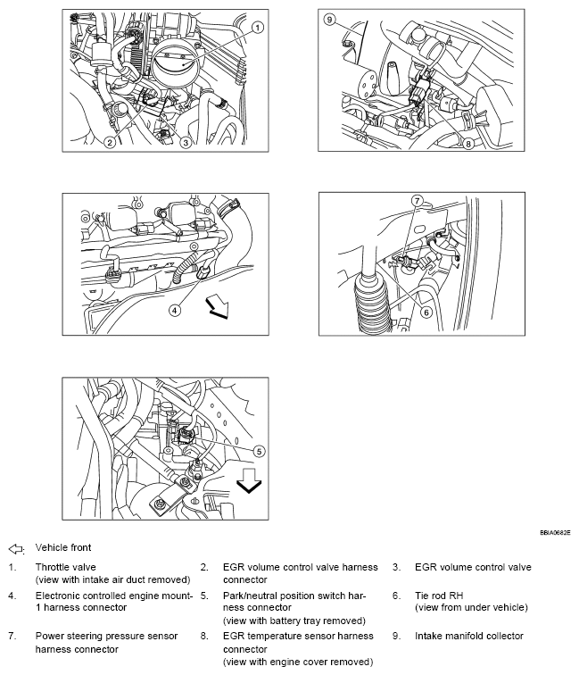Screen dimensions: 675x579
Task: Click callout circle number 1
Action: [x=257, y=27]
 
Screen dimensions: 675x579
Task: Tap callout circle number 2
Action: [x=108, y=142]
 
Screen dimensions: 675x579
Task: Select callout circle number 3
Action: [x=185, y=142]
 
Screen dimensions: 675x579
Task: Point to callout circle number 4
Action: [x=175, y=310]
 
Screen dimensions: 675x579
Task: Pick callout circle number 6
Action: [x=426, y=312]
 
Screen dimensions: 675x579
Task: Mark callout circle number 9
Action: [x=329, y=19]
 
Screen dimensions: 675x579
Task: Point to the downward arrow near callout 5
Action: [x=249, y=483]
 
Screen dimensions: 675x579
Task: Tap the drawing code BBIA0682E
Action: [x=556, y=531]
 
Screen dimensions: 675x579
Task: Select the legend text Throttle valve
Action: [x=65, y=567]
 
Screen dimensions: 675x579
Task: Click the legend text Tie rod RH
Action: [x=440, y=595]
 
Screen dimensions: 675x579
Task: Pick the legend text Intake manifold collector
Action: [x=469, y=636]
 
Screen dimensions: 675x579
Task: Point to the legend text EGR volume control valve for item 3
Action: [x=473, y=567]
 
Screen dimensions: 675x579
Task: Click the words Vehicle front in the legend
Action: [x=63, y=547]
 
